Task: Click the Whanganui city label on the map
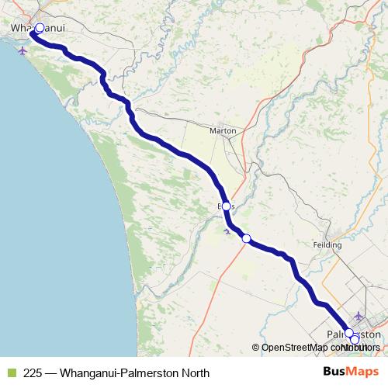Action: pyautogui.click(x=36, y=28)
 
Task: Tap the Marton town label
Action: pyautogui.click(x=223, y=130)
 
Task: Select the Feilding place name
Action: pyautogui.click(x=327, y=244)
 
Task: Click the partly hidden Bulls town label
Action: pyautogui.click(x=226, y=206)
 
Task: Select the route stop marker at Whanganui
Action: pyautogui.click(x=40, y=28)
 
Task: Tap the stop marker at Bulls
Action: pyautogui.click(x=227, y=206)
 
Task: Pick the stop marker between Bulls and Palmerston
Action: pyautogui.click(x=246, y=238)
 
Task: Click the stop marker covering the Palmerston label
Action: pyautogui.click(x=349, y=333)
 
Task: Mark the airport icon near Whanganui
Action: pyautogui.click(x=21, y=51)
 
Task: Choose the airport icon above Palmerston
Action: pyautogui.click(x=357, y=316)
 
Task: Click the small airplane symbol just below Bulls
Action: pyautogui.click(x=226, y=230)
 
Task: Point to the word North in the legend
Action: pyautogui.click(x=195, y=372)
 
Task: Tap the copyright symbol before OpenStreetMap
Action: pyautogui.click(x=255, y=348)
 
